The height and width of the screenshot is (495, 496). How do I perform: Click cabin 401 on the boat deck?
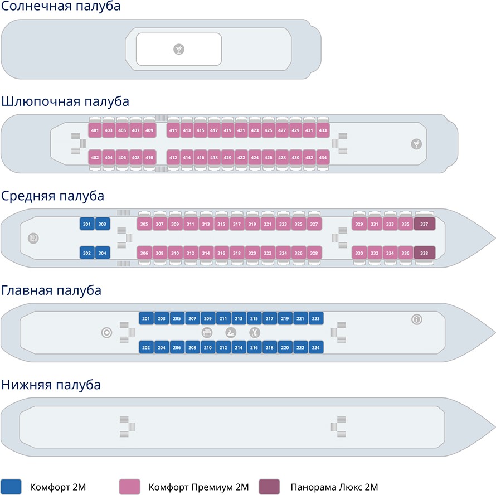[x=95, y=130]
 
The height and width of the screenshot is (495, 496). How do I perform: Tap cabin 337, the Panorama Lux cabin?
[x=424, y=224]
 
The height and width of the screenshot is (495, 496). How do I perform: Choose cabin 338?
[x=424, y=253]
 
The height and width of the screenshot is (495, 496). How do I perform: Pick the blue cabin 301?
[x=86, y=224]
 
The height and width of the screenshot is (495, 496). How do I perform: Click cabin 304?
[x=102, y=253]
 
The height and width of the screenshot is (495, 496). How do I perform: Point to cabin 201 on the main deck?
[x=146, y=319]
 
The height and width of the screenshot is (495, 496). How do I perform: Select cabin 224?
[x=315, y=347]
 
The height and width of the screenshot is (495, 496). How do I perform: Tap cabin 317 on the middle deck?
[x=237, y=224]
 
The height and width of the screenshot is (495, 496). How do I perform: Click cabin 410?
[x=149, y=157]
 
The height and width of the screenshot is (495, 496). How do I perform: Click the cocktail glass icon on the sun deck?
[x=179, y=49]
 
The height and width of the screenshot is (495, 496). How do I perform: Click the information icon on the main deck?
[x=416, y=319]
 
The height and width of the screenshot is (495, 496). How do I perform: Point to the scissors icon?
[x=254, y=333]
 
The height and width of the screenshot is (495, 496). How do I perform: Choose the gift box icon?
[x=207, y=333]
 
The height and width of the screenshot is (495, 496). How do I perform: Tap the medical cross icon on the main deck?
[x=106, y=333]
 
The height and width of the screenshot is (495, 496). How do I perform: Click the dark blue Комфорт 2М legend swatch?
[x=11, y=486]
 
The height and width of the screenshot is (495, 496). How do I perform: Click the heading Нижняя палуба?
[x=51, y=385]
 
